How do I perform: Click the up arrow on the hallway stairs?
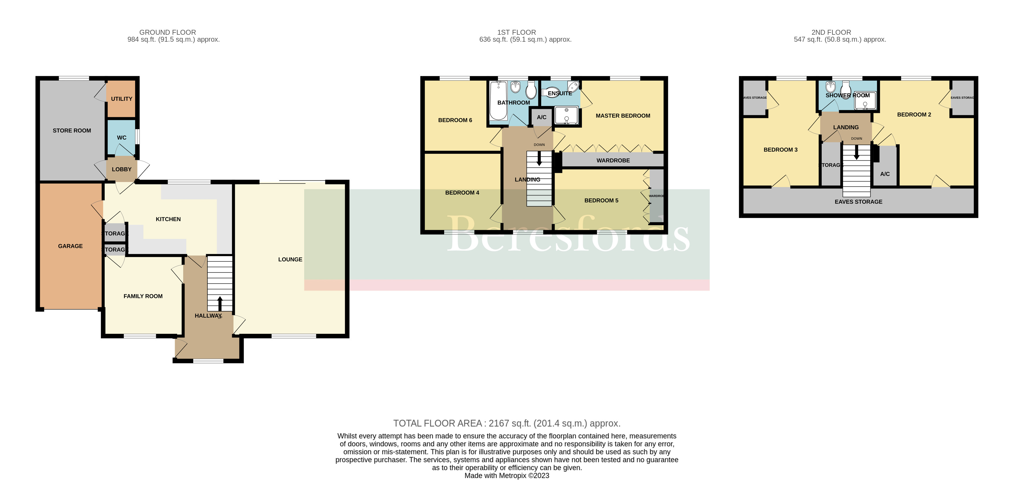pos(220,303)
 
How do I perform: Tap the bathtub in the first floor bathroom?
pos(498,100)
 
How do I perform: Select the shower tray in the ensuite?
pos(566,115)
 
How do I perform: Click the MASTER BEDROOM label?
pos(623,116)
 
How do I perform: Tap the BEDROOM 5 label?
pos(601,201)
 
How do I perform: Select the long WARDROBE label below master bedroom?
pos(613,160)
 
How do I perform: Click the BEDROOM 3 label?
pos(780,150)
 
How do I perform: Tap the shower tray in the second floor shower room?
pos(865,101)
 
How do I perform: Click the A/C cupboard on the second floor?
pos(884,174)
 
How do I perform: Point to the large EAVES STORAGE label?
pos(858,202)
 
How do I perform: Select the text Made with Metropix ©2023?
pos(507,476)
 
